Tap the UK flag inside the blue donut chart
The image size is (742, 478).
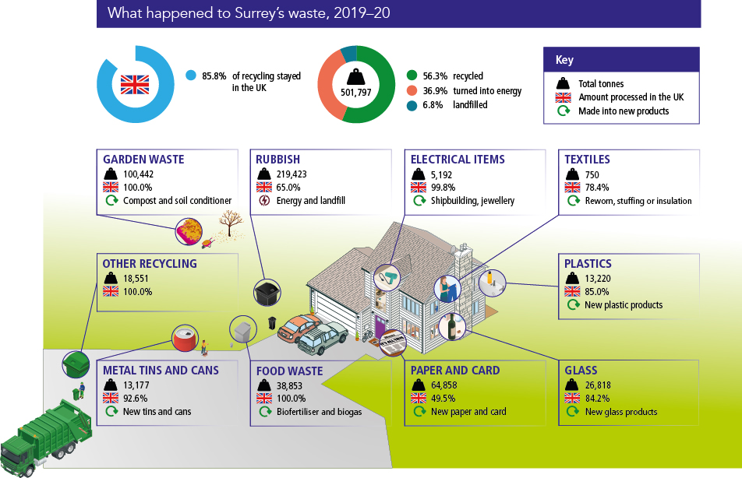[x=134, y=84]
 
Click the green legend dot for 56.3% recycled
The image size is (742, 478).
[x=412, y=76]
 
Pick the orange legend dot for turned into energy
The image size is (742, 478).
[x=412, y=91]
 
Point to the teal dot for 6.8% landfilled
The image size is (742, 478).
[x=412, y=105]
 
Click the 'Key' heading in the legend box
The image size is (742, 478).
[x=564, y=60]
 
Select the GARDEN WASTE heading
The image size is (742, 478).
[x=143, y=160]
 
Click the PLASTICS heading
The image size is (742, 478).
[x=588, y=264]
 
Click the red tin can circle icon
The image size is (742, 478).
[x=185, y=337]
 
